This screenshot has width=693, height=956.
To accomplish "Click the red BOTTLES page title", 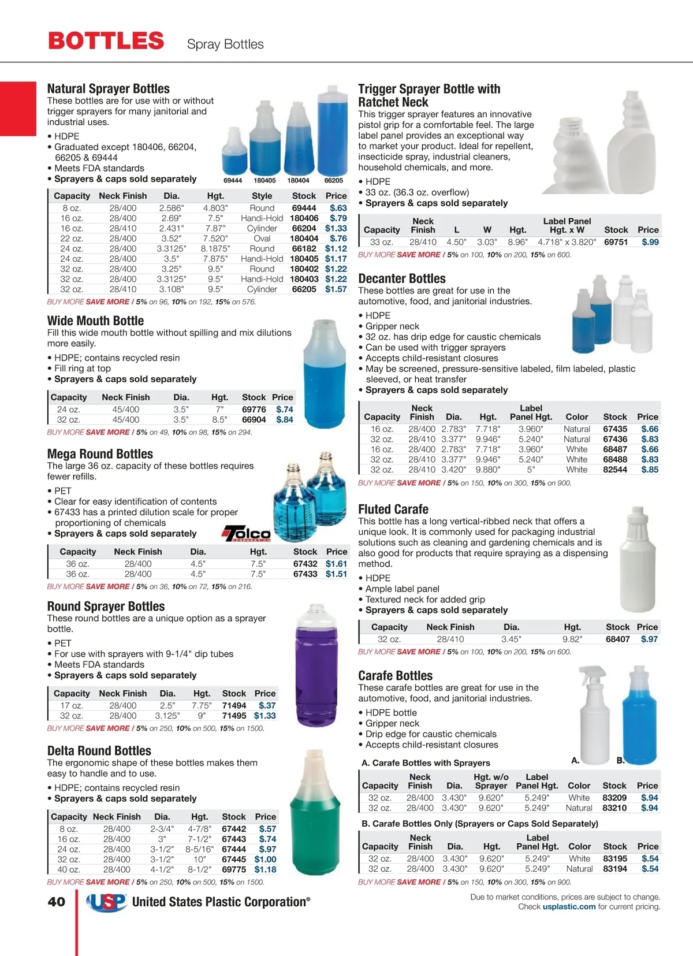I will click(x=106, y=41).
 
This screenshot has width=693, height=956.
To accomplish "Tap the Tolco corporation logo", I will click(x=247, y=534).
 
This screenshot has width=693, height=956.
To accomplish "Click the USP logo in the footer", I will click(x=106, y=902).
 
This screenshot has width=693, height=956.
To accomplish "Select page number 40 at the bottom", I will click(x=57, y=902).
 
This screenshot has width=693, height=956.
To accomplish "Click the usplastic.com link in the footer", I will click(x=569, y=907).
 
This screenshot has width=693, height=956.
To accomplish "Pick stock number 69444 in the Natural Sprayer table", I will click(x=304, y=208).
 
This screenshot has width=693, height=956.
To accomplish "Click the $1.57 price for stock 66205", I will click(x=336, y=289).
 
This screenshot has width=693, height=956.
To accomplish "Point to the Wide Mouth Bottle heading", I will click(x=96, y=321).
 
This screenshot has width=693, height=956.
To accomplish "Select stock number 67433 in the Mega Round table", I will click(x=305, y=574).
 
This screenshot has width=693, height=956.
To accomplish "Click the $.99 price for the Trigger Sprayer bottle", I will click(x=650, y=242).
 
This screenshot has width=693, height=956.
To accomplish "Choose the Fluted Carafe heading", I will click(x=393, y=509).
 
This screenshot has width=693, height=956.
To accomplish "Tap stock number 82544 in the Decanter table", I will click(x=615, y=470).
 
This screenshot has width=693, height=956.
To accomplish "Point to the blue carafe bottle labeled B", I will click(x=639, y=716).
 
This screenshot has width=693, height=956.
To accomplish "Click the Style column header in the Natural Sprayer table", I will click(x=262, y=196).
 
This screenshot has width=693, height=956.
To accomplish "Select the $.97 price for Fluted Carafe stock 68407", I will click(x=649, y=639).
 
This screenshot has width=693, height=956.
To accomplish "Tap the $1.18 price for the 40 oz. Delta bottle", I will click(x=265, y=869).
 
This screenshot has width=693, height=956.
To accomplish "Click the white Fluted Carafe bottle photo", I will click(x=637, y=560).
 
